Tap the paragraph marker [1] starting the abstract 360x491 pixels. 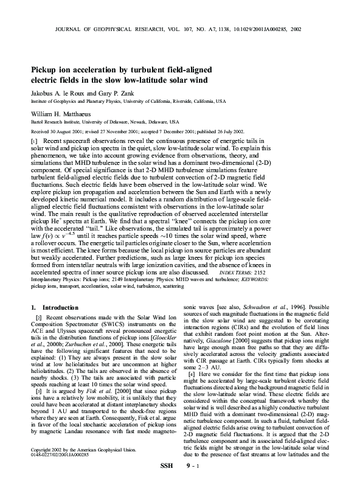[34, 141]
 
